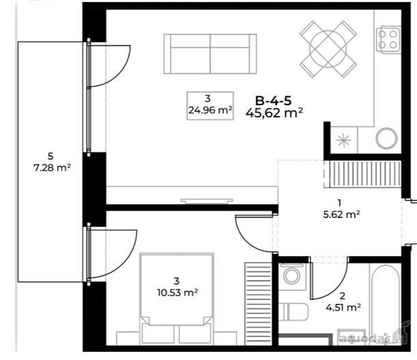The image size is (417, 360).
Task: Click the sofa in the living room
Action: (210, 54)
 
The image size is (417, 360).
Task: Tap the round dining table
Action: (328, 49)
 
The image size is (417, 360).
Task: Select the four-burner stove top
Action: (388, 39)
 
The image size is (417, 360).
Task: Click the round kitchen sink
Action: (387, 138)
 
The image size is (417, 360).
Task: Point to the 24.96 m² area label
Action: (211, 110)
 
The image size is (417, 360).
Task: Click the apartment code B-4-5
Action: (273, 101)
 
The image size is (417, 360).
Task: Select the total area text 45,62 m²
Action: (274, 113)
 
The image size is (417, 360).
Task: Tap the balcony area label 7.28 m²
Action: (52, 168)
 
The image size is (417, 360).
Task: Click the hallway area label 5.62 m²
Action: (342, 214)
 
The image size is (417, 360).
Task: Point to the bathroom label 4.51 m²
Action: (343, 308)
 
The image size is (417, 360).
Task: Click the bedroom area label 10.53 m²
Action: (177, 293)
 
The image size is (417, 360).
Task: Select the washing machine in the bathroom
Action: (292, 276)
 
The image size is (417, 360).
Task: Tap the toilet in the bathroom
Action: (293, 312)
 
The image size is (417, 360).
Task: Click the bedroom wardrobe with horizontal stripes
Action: (258, 303)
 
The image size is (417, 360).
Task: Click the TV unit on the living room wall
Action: (206, 201)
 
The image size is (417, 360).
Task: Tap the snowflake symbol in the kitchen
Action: (344, 140)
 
